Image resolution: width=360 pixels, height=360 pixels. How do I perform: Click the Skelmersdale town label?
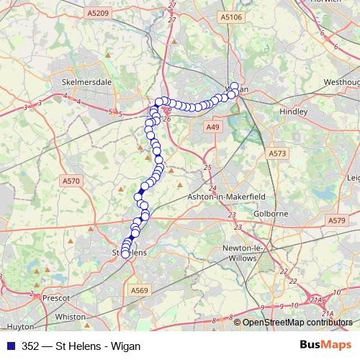(x=88, y=82)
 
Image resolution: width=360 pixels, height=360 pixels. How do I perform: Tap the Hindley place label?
(x=294, y=112)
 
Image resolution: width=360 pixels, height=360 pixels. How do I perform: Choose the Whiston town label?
(x=70, y=316)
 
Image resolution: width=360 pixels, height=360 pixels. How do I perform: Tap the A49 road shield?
(x=212, y=127)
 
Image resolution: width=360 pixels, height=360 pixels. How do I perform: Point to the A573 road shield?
(x=278, y=153)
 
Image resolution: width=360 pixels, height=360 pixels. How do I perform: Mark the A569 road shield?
(x=140, y=290)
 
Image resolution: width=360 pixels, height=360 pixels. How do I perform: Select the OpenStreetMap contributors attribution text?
(x=298, y=323)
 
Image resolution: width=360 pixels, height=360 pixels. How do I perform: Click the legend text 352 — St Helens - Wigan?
(x=81, y=346)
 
